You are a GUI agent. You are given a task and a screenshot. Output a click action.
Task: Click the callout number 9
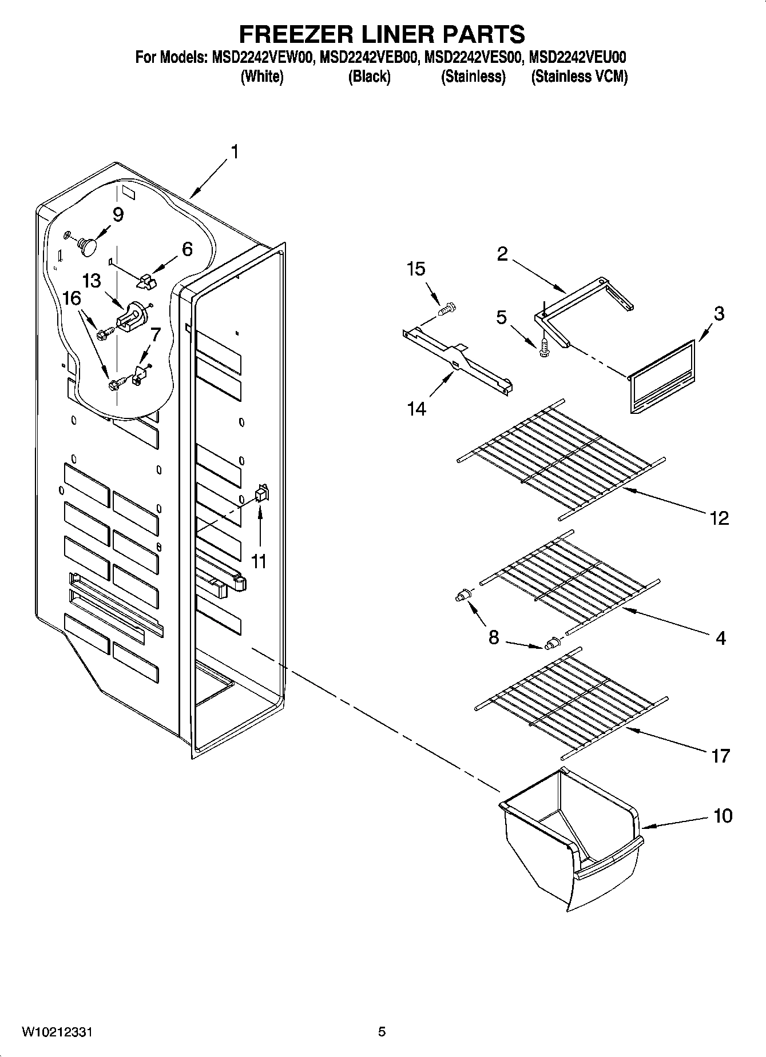point(117,214)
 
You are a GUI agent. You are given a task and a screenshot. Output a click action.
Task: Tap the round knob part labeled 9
point(88,245)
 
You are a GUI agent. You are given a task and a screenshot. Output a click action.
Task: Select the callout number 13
point(91,281)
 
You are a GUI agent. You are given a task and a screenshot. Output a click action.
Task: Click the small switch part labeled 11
point(261,492)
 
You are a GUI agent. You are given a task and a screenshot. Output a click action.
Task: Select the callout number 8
point(494,636)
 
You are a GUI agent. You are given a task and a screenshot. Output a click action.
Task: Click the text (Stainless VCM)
point(579,77)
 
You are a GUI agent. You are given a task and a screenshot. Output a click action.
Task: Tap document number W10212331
point(57,1032)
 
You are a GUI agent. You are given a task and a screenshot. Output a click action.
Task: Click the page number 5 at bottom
point(382,1032)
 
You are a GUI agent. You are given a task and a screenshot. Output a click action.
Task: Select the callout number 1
point(235,152)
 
